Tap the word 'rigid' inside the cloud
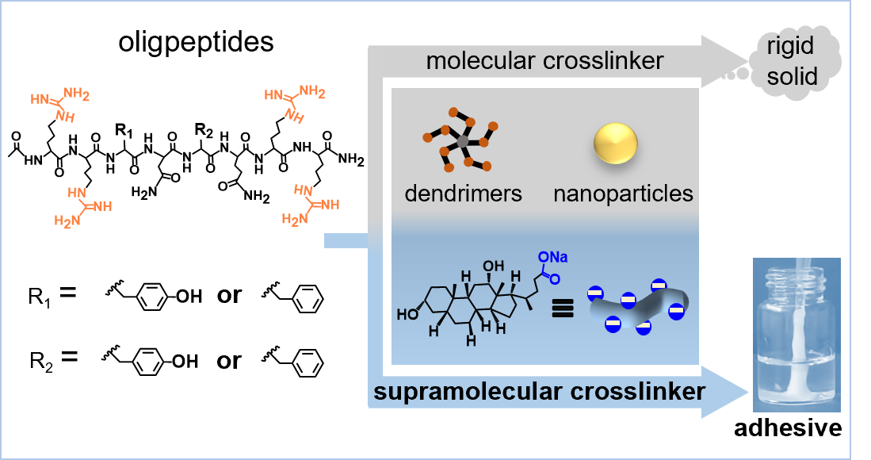pyautogui.click(x=790, y=46)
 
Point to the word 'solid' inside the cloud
pyautogui.click(x=790, y=77)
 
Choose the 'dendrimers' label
pyautogui.click(x=464, y=193)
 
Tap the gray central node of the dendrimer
pyautogui.click(x=463, y=142)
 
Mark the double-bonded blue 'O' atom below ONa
pyautogui.click(x=555, y=278)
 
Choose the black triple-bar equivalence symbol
pyautogui.click(x=562, y=309)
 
